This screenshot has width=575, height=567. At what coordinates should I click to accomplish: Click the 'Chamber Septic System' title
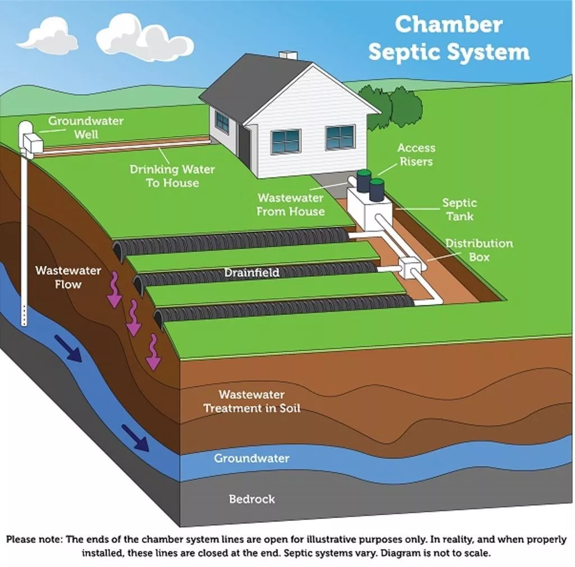click(x=449, y=38)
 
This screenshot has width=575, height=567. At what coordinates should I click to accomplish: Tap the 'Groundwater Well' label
click(x=85, y=127)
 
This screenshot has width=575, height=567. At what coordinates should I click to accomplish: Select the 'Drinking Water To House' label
click(x=172, y=176)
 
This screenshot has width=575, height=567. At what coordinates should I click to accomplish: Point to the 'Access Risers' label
click(x=416, y=154)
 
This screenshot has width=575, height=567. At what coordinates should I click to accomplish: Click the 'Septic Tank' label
click(x=459, y=209)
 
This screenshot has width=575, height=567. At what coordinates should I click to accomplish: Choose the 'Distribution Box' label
click(x=479, y=250)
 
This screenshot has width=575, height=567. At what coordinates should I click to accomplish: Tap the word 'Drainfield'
click(x=252, y=273)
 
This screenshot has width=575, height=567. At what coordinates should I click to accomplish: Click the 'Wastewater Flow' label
click(x=68, y=277)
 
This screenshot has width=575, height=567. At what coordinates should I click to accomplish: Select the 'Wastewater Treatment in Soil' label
click(x=252, y=401)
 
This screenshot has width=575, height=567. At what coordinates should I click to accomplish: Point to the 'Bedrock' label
click(x=252, y=499)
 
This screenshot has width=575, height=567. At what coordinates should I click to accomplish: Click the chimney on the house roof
click(x=288, y=55)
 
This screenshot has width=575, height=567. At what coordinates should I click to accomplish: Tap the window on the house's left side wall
click(x=222, y=122)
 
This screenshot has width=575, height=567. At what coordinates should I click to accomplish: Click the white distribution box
click(x=409, y=267)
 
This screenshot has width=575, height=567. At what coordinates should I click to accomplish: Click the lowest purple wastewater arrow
click(x=152, y=352)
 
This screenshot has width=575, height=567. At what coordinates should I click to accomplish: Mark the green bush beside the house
click(x=393, y=107)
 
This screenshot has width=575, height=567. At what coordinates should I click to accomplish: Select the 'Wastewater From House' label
click(x=290, y=205)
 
